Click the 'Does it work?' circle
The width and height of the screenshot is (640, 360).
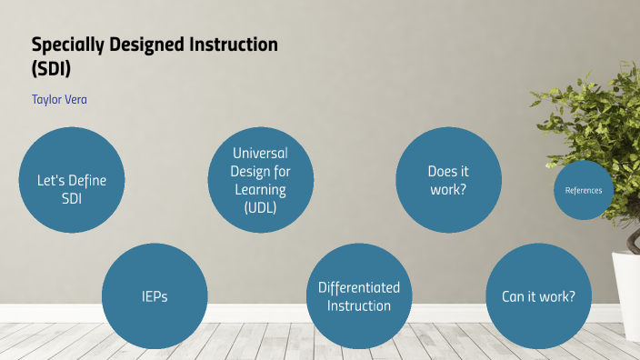click(x=448, y=179)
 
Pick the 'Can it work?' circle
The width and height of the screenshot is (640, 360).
click(x=539, y=296)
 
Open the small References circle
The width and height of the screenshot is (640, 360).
click(x=584, y=190)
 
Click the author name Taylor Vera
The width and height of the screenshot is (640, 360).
click(x=59, y=98)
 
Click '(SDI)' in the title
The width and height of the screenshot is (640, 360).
click(x=52, y=66)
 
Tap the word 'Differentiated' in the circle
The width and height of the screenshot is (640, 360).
click(x=359, y=287)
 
